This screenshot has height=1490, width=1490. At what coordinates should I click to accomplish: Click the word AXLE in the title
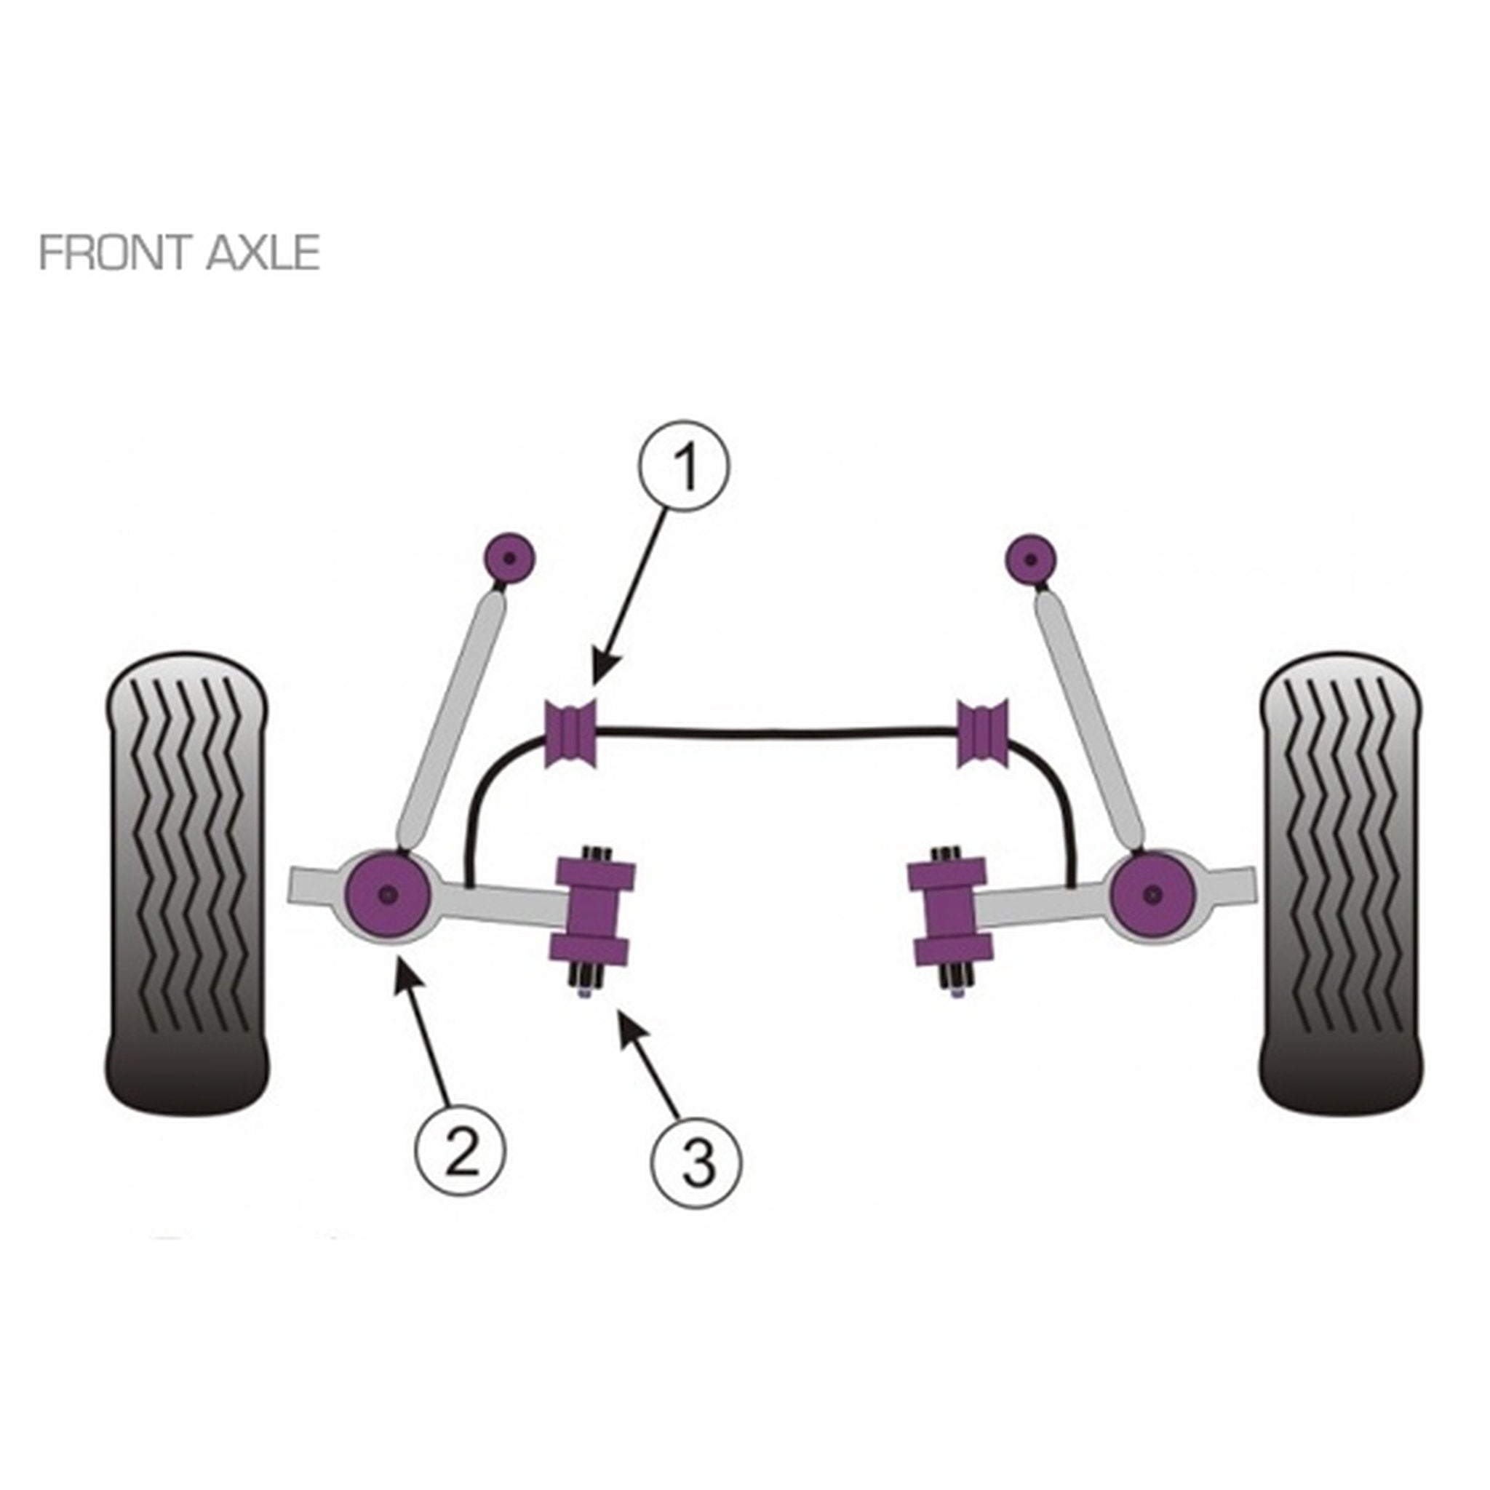coord(263,252)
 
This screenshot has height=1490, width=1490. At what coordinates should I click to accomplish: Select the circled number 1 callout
coord(683,465)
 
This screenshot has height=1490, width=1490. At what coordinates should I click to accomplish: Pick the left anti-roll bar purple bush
coord(571,733)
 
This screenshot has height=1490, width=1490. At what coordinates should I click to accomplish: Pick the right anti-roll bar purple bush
coord(982,733)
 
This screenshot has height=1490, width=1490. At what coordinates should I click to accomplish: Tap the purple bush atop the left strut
coord(509,558)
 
